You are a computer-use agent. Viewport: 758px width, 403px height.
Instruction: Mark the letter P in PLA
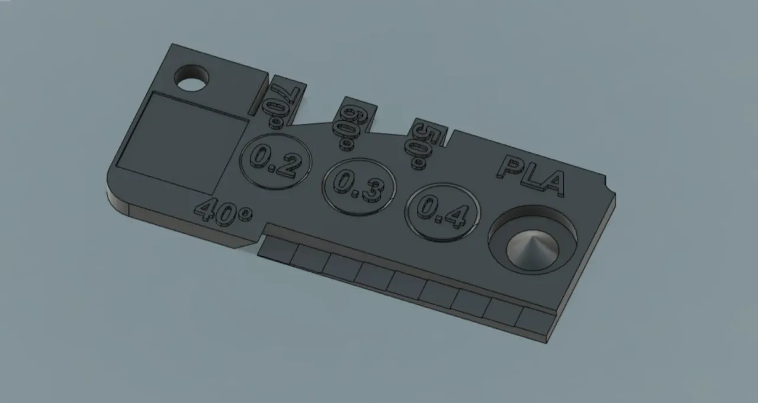pos(510,167)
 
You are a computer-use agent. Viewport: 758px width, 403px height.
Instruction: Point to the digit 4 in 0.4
pos(455,216)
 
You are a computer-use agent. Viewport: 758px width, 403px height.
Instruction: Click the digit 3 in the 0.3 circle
pos(371,190)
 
